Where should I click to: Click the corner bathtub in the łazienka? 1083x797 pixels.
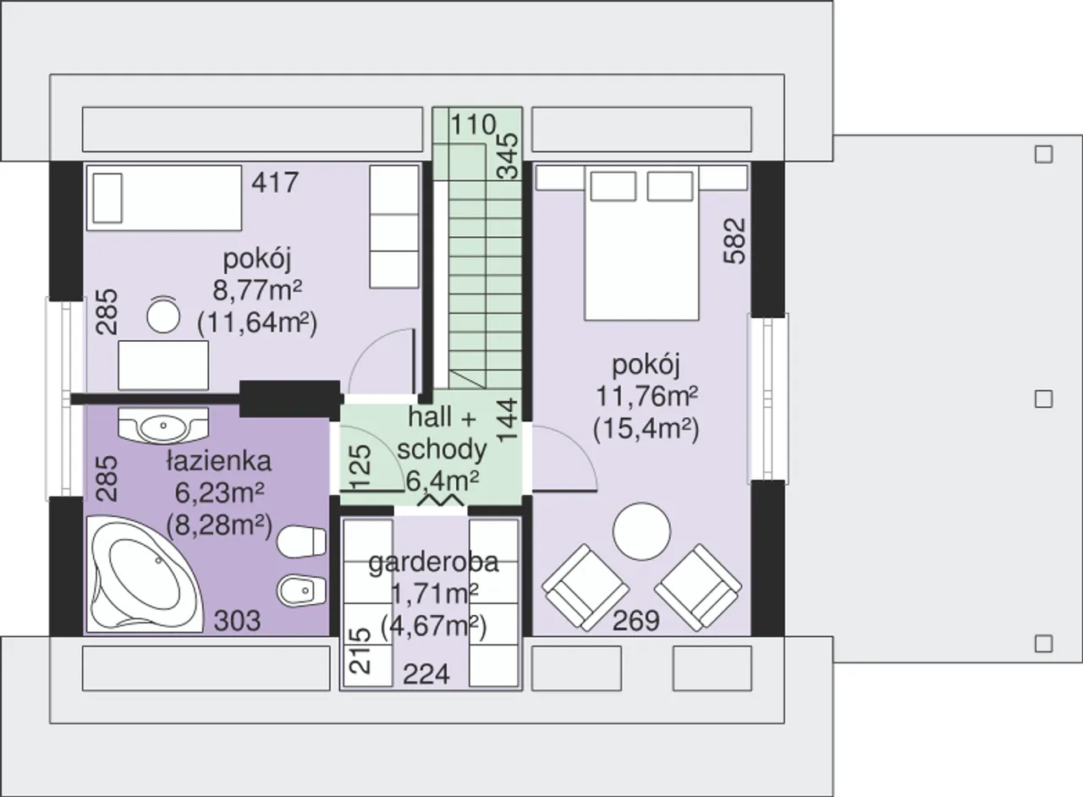(144, 574)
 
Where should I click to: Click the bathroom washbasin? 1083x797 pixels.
(163, 425)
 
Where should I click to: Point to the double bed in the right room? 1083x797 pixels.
(641, 243)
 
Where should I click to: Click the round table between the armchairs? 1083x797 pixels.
(641, 531)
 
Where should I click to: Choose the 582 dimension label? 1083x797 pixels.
(734, 241)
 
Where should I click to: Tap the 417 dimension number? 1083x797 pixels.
(275, 183)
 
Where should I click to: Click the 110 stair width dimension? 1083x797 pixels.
(473, 124)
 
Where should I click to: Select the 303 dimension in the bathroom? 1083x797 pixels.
(237, 620)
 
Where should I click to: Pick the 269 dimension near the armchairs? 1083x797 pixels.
(635, 620)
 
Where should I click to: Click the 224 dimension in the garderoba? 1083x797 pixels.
(426, 674)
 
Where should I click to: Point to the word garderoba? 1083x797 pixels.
(433, 563)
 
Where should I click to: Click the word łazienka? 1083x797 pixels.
(219, 461)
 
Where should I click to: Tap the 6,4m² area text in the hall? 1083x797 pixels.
(443, 481)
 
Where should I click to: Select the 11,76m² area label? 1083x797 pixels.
(646, 397)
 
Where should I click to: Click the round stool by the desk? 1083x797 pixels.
(163, 316)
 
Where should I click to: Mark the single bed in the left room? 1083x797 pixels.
(164, 198)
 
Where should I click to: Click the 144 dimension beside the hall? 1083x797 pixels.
(508, 420)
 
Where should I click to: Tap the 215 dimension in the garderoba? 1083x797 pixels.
(360, 651)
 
